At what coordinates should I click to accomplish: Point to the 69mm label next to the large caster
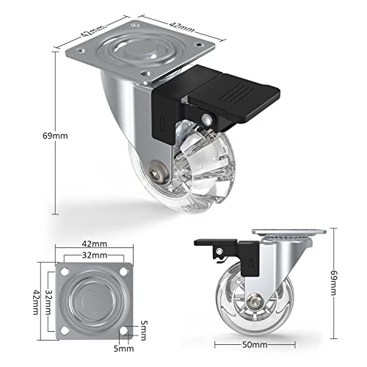(x=36, y=136)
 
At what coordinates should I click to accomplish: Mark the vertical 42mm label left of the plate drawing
(x=34, y=300)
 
